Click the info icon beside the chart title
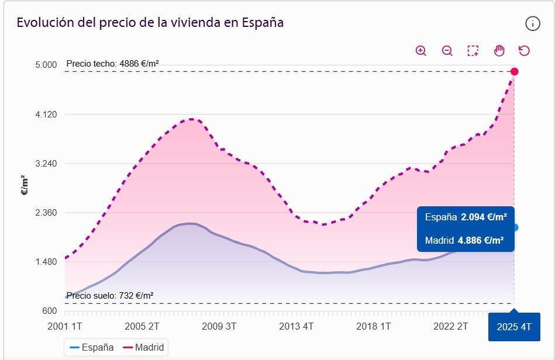(x=532, y=23)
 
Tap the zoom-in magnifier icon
(x=421, y=51)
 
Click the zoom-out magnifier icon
(x=447, y=51)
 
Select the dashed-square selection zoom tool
(x=473, y=51)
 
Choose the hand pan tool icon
(x=499, y=51)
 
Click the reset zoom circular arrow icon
(x=524, y=51)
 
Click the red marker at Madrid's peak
(x=515, y=71)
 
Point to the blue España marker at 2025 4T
(x=515, y=227)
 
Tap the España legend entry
(x=92, y=347)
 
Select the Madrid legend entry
(x=144, y=347)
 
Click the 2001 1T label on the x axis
(x=64, y=326)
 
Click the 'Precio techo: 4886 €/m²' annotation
(x=113, y=64)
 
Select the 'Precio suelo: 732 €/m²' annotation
(x=110, y=296)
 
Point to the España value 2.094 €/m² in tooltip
(x=484, y=217)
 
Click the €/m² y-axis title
(x=25, y=185)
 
